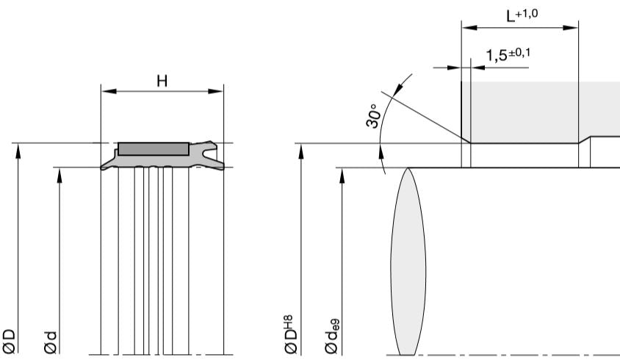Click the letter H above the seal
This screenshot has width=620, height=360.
click(162, 80)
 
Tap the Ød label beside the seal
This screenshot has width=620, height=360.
click(54, 340)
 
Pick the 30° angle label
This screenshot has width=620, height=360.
click(374, 116)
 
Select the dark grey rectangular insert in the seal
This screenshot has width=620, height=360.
click(153, 149)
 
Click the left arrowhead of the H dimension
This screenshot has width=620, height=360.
click(106, 92)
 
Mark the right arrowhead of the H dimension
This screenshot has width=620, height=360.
click(217, 92)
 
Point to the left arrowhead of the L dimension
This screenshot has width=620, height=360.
click(466, 29)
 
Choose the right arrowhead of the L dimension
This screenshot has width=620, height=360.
click(574, 29)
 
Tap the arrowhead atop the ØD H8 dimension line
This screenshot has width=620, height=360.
click(301, 148)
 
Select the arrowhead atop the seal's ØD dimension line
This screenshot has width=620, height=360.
click(20, 148)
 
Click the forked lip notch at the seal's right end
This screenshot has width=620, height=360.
click(214, 155)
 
